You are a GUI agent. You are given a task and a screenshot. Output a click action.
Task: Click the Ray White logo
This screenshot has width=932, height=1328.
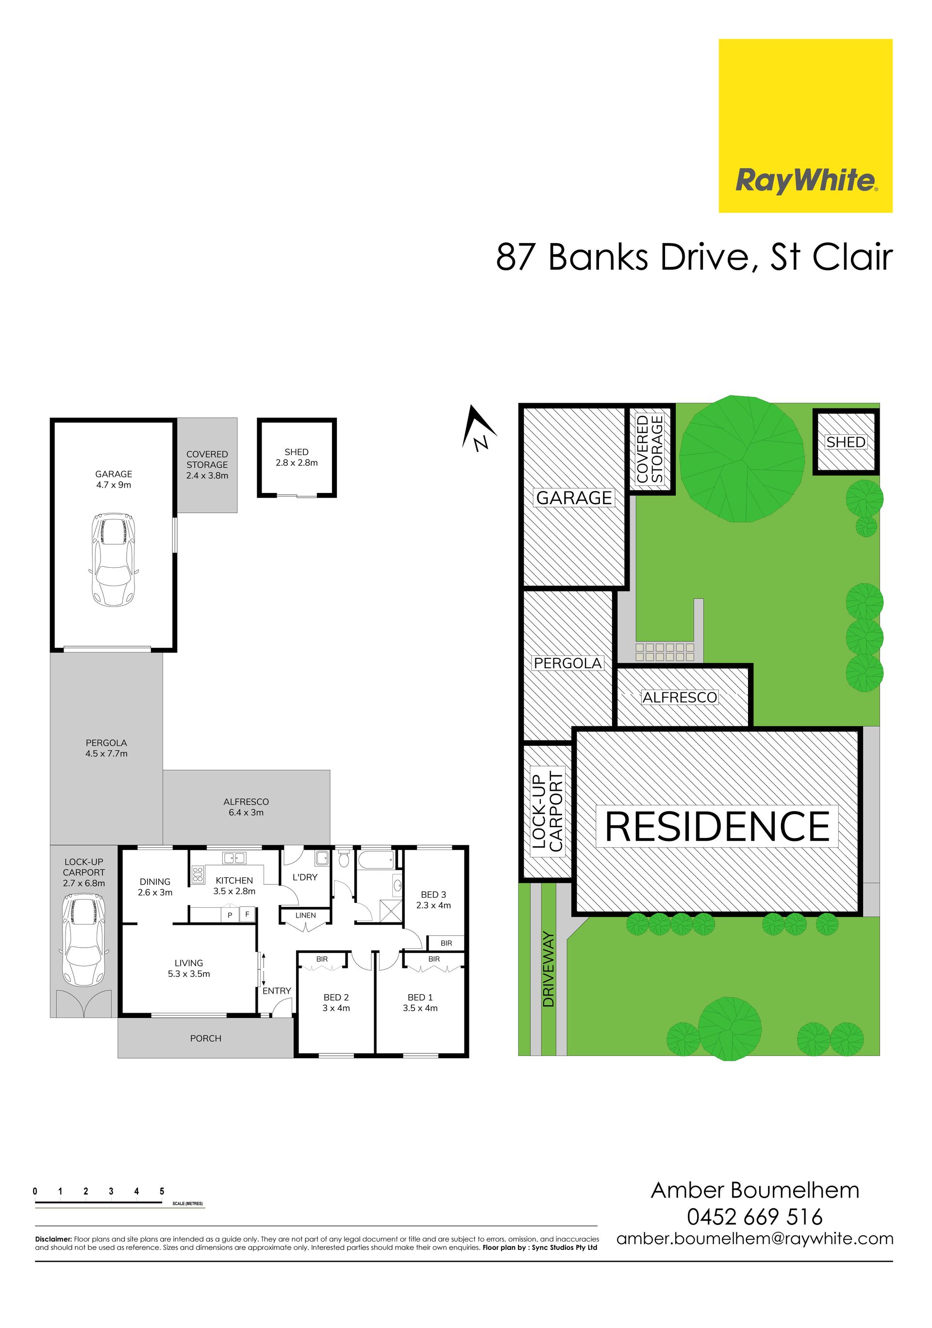(805, 126)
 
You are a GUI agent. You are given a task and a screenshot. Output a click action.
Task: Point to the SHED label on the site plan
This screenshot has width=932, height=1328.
(846, 443)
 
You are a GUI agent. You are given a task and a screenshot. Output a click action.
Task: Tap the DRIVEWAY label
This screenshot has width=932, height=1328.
(549, 969)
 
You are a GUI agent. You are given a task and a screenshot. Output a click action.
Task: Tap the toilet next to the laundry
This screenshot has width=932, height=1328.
(344, 858)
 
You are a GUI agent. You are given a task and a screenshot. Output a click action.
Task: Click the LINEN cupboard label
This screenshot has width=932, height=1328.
(305, 915)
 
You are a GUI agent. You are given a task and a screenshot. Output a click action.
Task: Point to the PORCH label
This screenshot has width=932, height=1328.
(205, 1038)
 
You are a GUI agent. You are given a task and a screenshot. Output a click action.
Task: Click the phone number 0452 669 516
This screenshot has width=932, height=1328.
(754, 1217)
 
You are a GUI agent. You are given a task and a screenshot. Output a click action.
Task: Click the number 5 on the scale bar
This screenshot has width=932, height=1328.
(162, 1191)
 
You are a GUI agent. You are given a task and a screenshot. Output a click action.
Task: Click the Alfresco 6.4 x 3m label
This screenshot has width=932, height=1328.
(246, 807)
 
